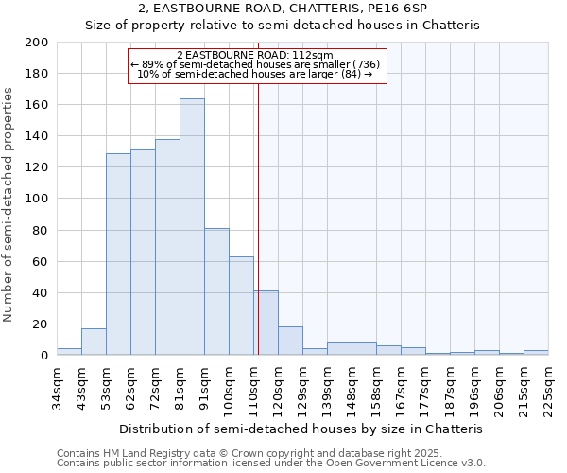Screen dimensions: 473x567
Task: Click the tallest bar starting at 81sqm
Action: [x=192, y=227]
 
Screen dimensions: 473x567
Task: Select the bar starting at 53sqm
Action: [x=118, y=254]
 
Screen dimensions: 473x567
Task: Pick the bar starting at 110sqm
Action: [x=266, y=323]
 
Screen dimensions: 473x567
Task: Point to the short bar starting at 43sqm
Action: [x=94, y=342]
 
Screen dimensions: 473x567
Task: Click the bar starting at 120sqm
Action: [x=290, y=341]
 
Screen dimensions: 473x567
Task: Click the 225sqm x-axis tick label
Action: [x=548, y=385]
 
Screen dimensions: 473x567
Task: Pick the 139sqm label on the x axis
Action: [x=327, y=385]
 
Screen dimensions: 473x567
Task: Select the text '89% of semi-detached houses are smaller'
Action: [x=248, y=64]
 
